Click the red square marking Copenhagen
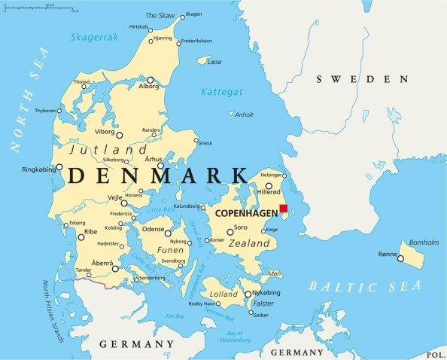pyautogui.click(x=284, y=209)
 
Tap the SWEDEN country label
pyautogui.click(x=363, y=79)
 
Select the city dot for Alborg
pyautogui.click(x=150, y=80)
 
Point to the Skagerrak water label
pyautogui.click(x=95, y=37)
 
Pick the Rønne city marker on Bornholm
pyautogui.click(x=400, y=259)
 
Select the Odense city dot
pyautogui.click(x=169, y=233)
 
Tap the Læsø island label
pyautogui.click(x=214, y=63)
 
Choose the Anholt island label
pyautogui.click(x=244, y=115)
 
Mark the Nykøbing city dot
pyautogui.click(x=248, y=294)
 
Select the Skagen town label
pyautogui.click(x=193, y=14)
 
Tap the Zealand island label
pyautogui.click(x=248, y=244)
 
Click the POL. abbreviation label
pyautogui.click(x=436, y=353)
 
